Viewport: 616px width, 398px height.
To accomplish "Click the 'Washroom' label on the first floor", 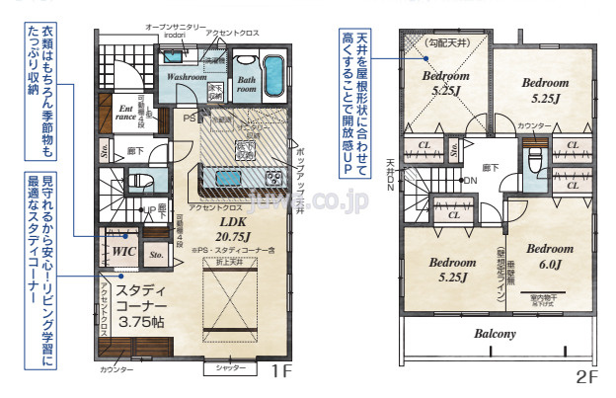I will tap(185, 76).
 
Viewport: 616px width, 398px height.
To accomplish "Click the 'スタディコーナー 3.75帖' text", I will tap(147, 306).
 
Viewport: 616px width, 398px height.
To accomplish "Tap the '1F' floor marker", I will tap(282, 372).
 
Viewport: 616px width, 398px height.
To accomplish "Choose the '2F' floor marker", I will tap(586, 376).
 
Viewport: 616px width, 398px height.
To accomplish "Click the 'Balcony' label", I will tap(496, 334).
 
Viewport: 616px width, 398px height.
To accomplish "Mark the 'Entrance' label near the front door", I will tap(125, 113).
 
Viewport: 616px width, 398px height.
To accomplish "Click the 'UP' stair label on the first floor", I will tap(147, 210).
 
